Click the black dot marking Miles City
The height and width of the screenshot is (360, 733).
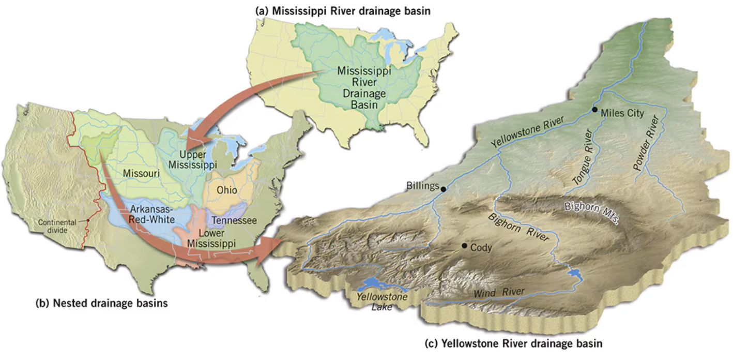[x=595, y=110]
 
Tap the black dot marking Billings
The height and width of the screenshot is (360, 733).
[x=443, y=189]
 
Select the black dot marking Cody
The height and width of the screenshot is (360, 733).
[x=465, y=245]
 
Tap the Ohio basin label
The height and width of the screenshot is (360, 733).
[x=226, y=190]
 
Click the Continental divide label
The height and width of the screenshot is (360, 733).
[x=57, y=226]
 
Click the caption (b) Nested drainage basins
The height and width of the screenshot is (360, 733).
[x=101, y=304]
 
